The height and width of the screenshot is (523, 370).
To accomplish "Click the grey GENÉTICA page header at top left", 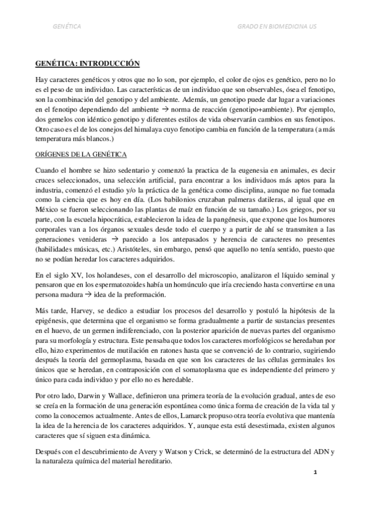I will pos(67,27).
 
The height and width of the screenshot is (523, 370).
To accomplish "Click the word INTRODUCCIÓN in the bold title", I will pos(107,64).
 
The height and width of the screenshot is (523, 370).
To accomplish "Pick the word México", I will pos(48,218).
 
